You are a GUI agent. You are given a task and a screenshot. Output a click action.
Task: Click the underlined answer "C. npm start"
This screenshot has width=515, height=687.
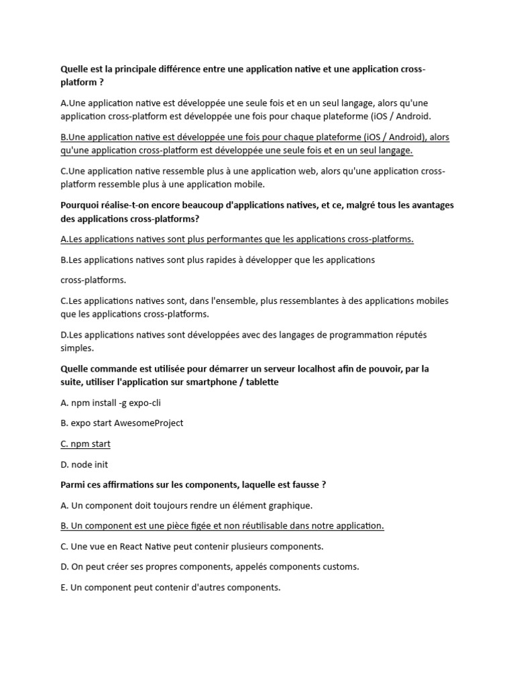tap(85, 444)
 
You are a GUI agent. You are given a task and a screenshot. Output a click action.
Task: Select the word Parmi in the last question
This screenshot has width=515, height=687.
tap(73, 485)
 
